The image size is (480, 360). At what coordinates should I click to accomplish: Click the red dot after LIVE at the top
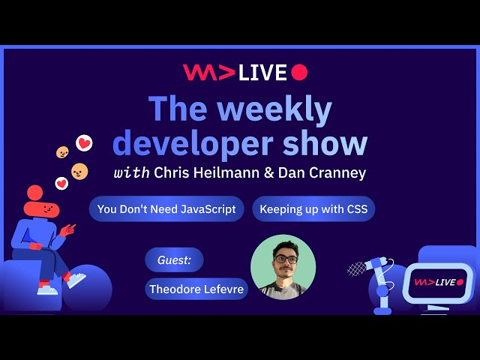coord(299,72)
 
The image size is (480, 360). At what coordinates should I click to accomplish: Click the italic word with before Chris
coord(131,172)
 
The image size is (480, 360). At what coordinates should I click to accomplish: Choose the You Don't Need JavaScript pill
coord(166,209)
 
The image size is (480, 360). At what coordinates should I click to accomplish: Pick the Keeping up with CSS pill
coord(313,209)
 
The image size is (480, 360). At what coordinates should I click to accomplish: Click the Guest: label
coord(174,260)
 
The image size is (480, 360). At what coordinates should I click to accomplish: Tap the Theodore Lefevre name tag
coord(196,289)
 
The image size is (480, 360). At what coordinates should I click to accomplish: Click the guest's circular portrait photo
coord(283,267)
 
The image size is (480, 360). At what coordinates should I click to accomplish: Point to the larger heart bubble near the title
coord(84,142)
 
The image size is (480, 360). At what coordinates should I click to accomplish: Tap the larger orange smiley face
coord(79,172)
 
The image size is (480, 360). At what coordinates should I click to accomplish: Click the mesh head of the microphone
coord(357,268)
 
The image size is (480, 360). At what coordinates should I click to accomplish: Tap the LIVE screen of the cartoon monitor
coord(439,282)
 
